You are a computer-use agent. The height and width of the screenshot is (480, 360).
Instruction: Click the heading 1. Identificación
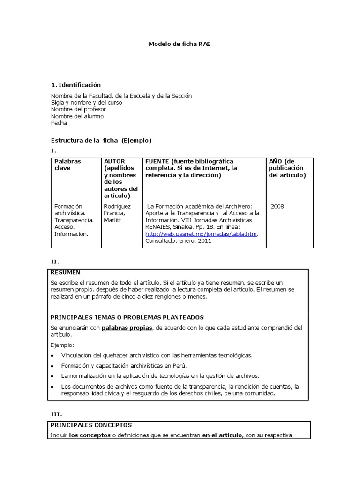click(76, 85)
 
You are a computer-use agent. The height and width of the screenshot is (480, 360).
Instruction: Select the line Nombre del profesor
click(78, 109)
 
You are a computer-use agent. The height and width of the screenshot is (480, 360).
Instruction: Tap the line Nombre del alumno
click(77, 116)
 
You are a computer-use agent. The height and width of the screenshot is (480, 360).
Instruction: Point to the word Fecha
click(59, 123)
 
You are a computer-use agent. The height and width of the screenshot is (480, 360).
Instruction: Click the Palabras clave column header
click(67, 165)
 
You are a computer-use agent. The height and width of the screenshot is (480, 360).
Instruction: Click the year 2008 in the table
click(277, 206)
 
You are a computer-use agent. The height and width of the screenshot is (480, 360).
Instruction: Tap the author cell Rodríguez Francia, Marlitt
click(117, 213)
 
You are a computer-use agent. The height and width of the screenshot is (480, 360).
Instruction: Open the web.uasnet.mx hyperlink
click(202, 234)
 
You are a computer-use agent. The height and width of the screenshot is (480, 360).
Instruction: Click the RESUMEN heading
click(65, 272)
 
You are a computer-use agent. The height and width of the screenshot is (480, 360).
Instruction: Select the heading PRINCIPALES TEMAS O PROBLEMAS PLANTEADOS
click(127, 317)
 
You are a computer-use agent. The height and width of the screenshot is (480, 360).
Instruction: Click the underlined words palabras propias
click(127, 327)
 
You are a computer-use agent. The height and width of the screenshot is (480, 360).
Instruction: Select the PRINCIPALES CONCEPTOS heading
click(91, 425)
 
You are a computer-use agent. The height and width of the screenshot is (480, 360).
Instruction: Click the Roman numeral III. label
click(56, 414)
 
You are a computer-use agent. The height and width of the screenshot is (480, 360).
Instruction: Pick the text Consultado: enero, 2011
click(178, 241)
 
